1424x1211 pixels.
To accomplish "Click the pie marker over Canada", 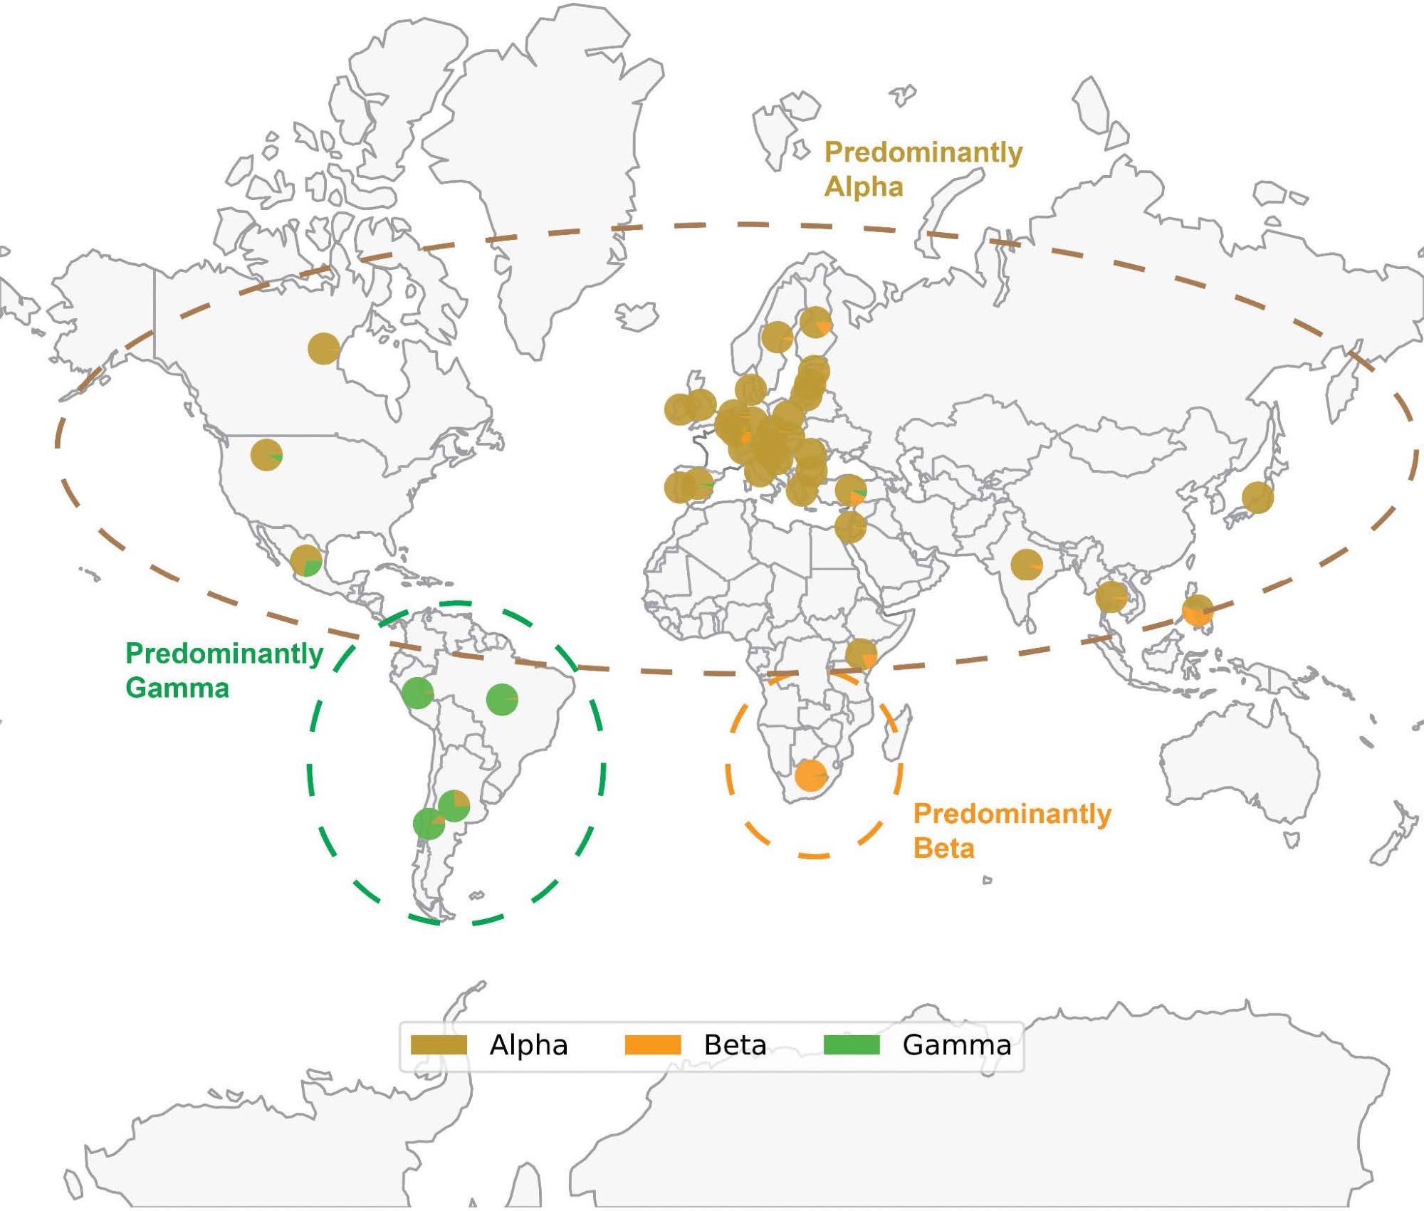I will [323, 349].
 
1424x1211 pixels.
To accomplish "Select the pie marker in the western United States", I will [266, 455].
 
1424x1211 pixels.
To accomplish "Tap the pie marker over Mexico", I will [305, 560].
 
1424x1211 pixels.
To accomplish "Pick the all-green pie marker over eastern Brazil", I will [502, 699].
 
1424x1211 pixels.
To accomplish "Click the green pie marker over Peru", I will [417, 693].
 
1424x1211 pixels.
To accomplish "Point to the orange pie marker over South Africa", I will [810, 775].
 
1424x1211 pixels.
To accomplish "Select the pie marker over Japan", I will [1257, 497].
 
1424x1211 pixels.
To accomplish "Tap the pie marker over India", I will [1026, 565].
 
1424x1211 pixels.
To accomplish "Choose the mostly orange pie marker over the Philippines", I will [1198, 610].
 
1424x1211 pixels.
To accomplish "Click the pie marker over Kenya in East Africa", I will [861, 654].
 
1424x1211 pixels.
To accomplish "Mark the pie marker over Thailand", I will [1111, 597].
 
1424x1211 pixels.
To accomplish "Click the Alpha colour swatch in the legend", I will [439, 1045].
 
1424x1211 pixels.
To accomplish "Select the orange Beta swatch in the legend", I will [652, 1045].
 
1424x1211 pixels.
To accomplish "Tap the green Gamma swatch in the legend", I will [852, 1045].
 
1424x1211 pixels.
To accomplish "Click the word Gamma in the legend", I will [956, 1045].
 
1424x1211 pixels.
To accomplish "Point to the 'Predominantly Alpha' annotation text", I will [923, 169].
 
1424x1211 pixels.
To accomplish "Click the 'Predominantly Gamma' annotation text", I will [224, 670].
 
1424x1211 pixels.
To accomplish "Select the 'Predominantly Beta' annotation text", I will [1012, 830].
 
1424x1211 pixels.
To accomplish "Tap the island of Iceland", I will [637, 315].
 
